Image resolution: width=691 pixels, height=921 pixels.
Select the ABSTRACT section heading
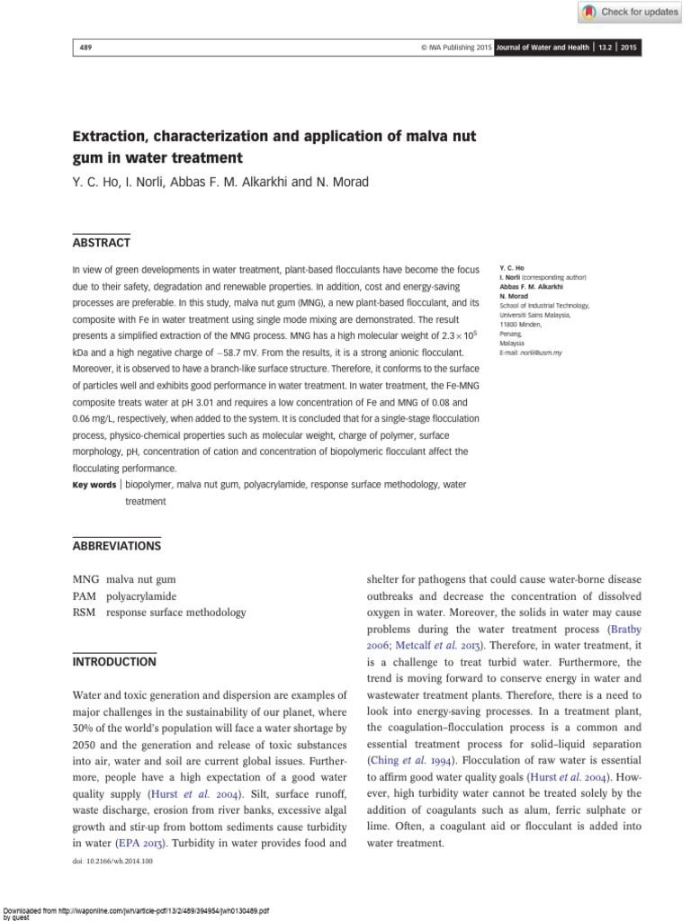tap(101, 243)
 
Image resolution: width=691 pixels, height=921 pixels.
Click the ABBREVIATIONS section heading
tap(116, 545)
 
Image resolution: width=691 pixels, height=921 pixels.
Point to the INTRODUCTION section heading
tap(114, 661)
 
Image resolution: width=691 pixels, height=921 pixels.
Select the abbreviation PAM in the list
tap(85, 596)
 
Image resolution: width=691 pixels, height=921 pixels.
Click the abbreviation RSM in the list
tap(85, 613)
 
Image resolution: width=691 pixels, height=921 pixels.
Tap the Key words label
tap(94, 485)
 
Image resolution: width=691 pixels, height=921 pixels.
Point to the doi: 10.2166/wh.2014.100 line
tap(112, 862)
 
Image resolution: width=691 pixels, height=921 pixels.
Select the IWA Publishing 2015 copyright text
tap(444, 48)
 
